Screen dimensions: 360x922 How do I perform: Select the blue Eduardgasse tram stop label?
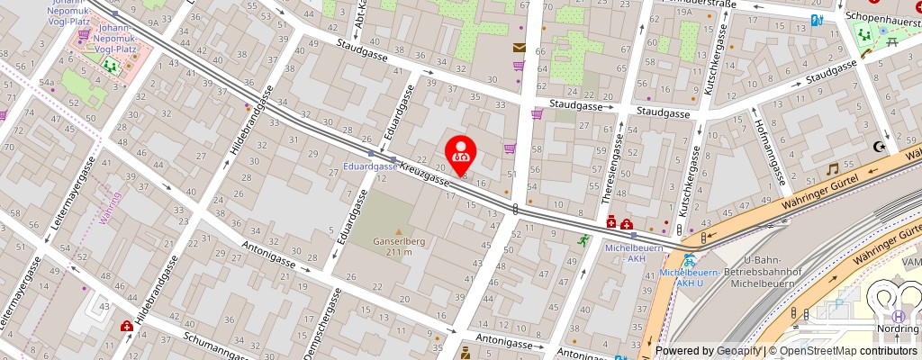(x=370, y=166)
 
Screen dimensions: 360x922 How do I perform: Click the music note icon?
(x=833, y=168)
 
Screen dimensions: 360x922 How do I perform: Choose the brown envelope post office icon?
(x=519, y=49)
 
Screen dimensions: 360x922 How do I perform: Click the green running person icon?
(x=584, y=239)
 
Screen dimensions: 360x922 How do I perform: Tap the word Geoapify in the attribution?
(x=737, y=351)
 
